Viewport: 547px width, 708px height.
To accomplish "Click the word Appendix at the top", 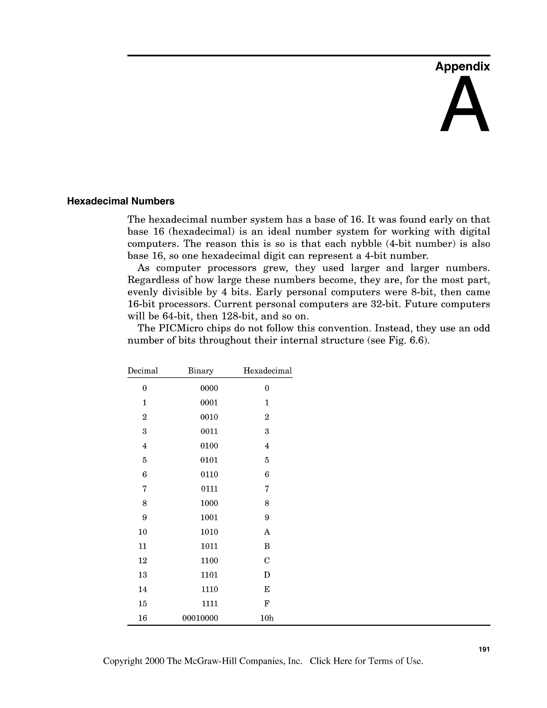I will coord(462,67).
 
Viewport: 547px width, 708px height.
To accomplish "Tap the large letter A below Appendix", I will coord(464,104).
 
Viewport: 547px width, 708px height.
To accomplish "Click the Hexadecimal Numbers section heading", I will coord(120,201).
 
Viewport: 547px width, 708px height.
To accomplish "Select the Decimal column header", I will coord(143,371).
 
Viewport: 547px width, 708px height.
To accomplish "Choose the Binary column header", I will coord(201,371).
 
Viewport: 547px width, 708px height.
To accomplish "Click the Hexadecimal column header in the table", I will coord(267,371).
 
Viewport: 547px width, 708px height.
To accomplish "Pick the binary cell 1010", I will coord(209,532).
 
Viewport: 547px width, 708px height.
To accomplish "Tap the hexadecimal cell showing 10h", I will coord(267,618).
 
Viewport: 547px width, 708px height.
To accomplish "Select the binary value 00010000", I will coord(200,618).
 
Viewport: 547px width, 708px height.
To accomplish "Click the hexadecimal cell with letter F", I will coord(267,603).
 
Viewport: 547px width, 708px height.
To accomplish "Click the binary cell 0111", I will coord(209,489).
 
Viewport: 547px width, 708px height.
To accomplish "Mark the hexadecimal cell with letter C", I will coord(267,561).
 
